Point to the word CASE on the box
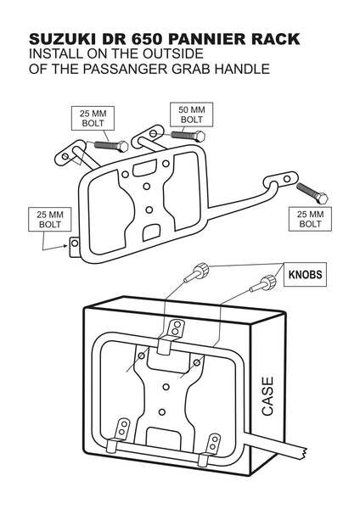(267, 396)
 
